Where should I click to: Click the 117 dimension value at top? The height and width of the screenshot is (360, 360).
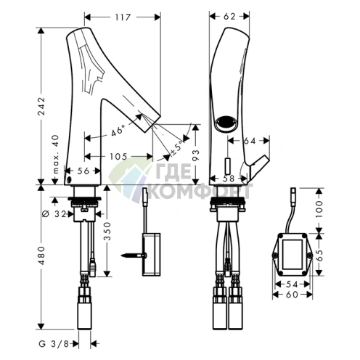(123, 17)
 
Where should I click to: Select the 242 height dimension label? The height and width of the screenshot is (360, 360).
(42, 107)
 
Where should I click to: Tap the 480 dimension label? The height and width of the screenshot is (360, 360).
(42, 255)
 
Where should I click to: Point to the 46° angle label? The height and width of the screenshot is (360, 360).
(118, 131)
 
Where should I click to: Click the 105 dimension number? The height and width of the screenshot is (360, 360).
(118, 157)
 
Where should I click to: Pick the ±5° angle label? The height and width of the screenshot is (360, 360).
(177, 147)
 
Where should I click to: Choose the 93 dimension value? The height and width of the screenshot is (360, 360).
(196, 155)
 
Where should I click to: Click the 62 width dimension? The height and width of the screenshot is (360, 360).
(229, 17)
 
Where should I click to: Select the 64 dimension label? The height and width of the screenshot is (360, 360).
(250, 141)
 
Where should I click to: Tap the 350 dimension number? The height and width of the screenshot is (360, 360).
(107, 232)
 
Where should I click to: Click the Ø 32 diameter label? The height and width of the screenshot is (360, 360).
(54, 214)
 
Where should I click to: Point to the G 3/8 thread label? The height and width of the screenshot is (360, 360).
(54, 344)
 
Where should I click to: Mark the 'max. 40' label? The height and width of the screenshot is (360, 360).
(56, 155)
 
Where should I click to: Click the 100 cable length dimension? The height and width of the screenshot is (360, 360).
(319, 209)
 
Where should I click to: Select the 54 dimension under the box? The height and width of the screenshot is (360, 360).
(292, 285)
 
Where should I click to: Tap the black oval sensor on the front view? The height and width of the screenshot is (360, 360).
(225, 122)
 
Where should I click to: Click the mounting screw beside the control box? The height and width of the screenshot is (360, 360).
(134, 255)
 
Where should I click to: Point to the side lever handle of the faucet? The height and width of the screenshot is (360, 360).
(258, 165)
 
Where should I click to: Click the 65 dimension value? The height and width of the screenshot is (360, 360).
(319, 255)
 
